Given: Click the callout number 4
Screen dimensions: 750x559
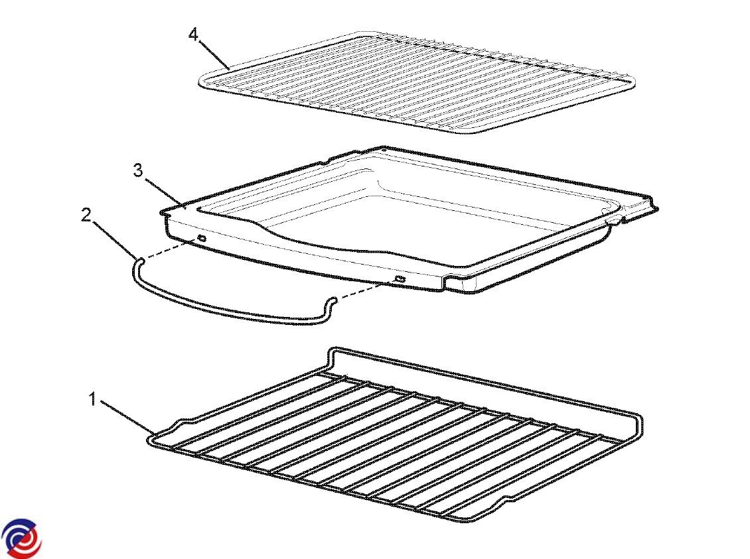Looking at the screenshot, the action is tap(193, 34).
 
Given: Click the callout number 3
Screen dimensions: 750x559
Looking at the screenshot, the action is tap(138, 170).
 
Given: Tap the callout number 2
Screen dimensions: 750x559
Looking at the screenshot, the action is tap(86, 216).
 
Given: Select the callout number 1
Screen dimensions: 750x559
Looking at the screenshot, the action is tap(94, 399).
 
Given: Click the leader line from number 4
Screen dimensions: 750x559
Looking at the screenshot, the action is tap(214, 56).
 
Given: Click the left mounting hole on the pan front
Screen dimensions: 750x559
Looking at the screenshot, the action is tap(201, 238).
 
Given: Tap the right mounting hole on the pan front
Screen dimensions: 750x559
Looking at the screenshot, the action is tap(400, 279).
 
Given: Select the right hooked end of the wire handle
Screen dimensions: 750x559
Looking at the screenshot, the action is tap(331, 302).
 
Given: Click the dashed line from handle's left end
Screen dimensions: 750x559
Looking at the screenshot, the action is tap(171, 249).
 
